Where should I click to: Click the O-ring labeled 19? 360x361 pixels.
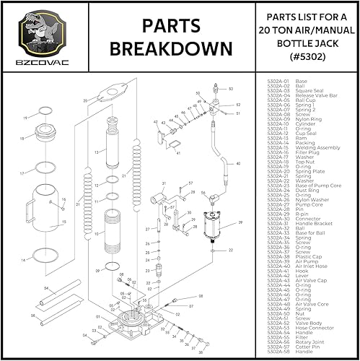(x=45, y=113)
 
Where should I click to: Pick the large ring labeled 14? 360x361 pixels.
(x=45, y=256)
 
